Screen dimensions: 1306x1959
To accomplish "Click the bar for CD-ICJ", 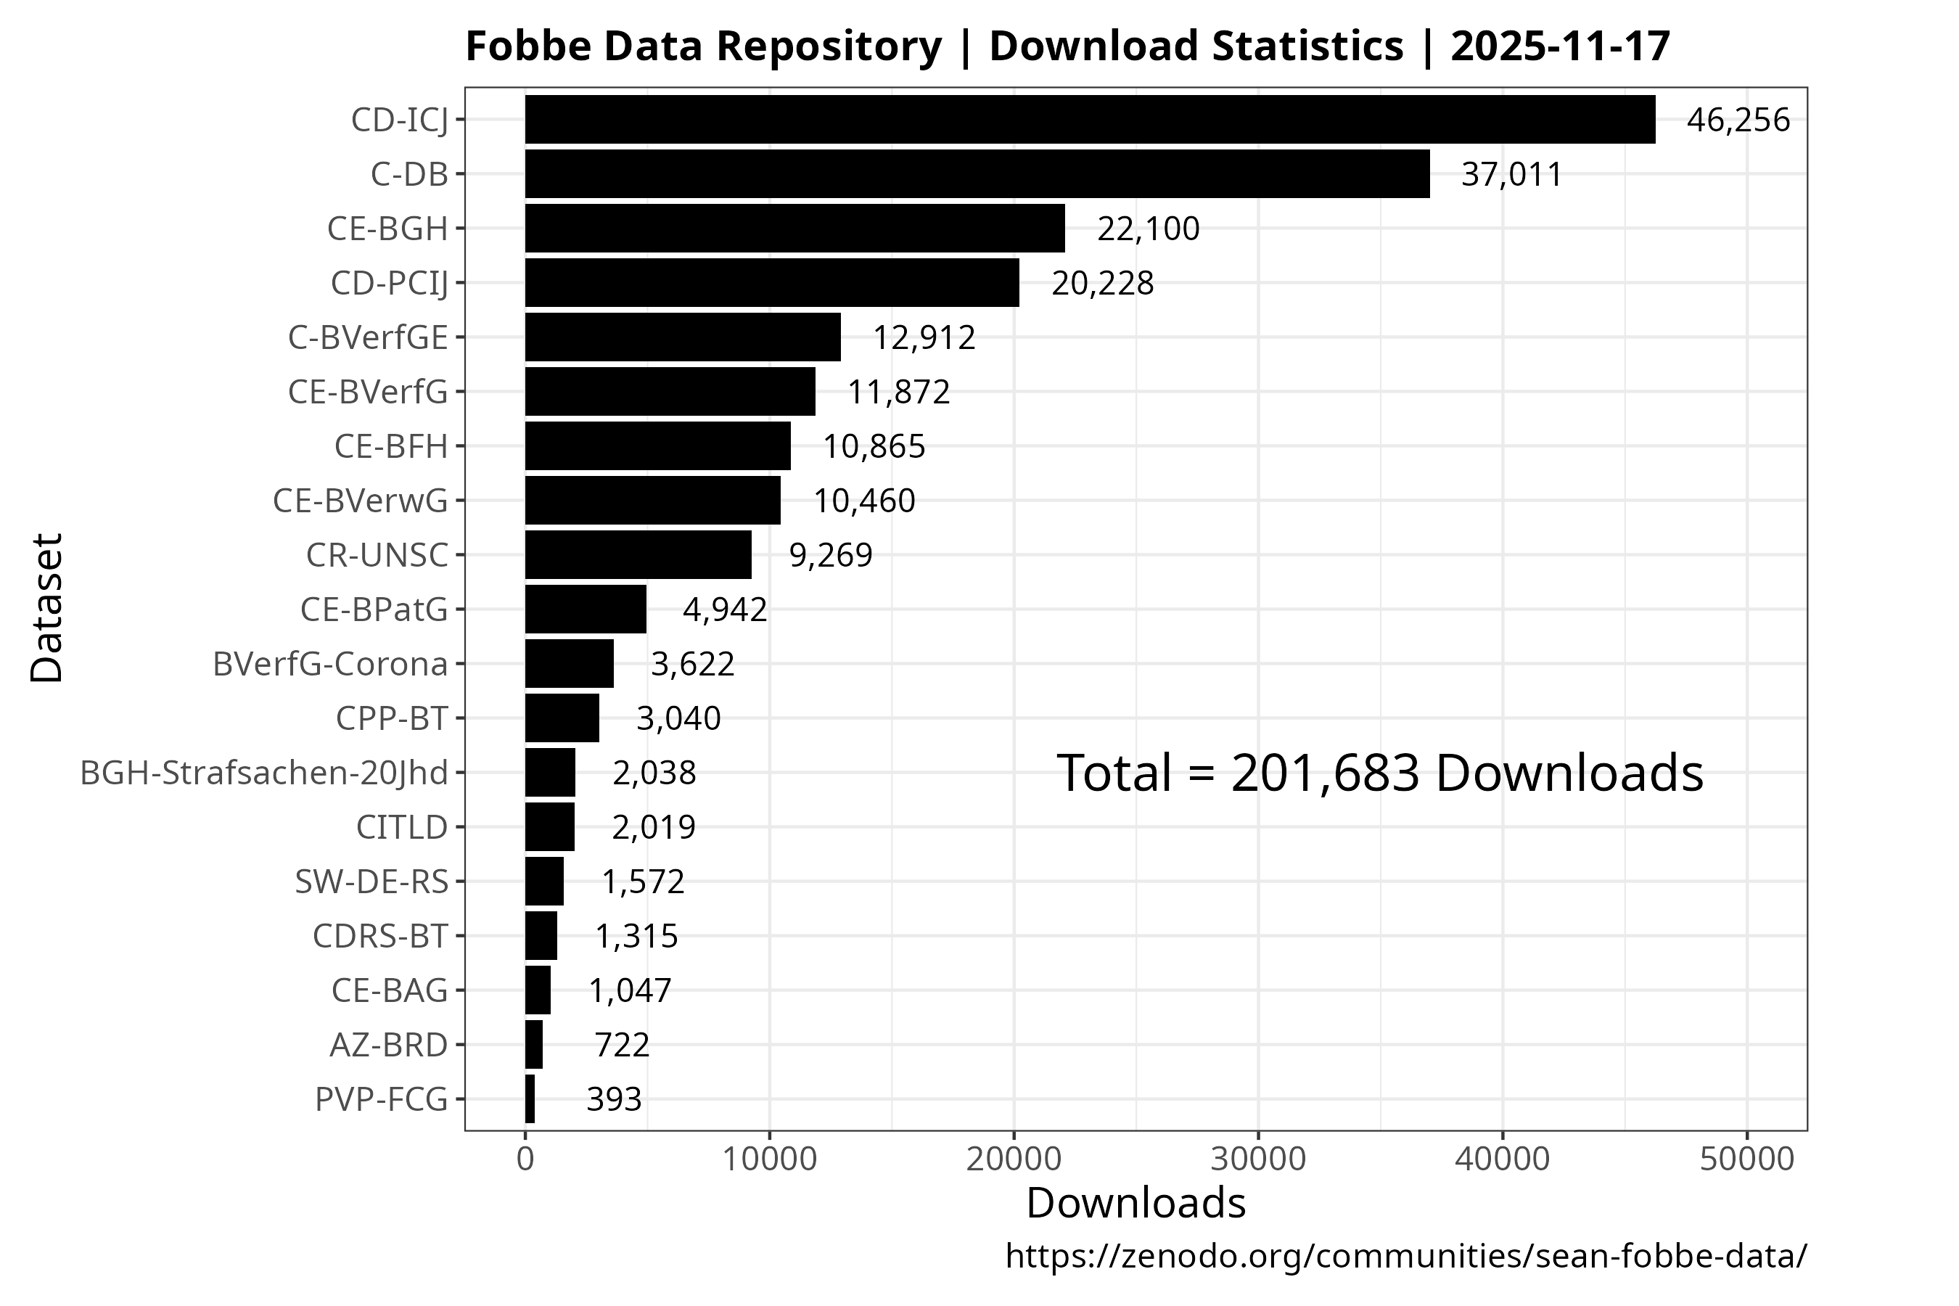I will (x=1090, y=120).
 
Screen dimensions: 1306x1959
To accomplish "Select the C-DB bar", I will (x=977, y=174).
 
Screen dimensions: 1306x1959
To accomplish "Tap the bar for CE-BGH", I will (x=794, y=229).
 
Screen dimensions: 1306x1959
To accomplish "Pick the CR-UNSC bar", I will (x=638, y=555).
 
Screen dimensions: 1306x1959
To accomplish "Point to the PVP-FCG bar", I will (x=530, y=1099).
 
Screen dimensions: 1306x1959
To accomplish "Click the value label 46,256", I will (x=1738, y=120).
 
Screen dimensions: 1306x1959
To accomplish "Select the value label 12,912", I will (x=924, y=338).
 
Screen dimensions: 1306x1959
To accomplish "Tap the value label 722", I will (x=621, y=1046).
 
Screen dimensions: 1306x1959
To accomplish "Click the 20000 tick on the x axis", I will (x=1014, y=1159).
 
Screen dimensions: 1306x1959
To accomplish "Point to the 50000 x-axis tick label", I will (x=1746, y=1159).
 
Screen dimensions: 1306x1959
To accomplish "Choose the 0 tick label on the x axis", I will (x=525, y=1159).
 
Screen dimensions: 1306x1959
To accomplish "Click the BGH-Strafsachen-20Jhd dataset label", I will (x=264, y=773).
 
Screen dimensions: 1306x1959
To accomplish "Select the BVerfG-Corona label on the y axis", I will (x=330, y=665).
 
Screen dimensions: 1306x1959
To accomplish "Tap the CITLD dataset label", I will (x=401, y=827).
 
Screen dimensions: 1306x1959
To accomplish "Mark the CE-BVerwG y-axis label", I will (x=360, y=501).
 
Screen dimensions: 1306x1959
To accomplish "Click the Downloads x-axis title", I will (x=1135, y=1204).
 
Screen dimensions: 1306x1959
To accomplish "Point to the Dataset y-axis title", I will (x=46, y=609).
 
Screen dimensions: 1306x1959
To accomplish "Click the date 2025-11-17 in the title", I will (x=1560, y=46).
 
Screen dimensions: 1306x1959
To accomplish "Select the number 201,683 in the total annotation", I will (x=1324, y=773).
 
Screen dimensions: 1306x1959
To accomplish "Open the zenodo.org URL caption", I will (x=1406, y=1256).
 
